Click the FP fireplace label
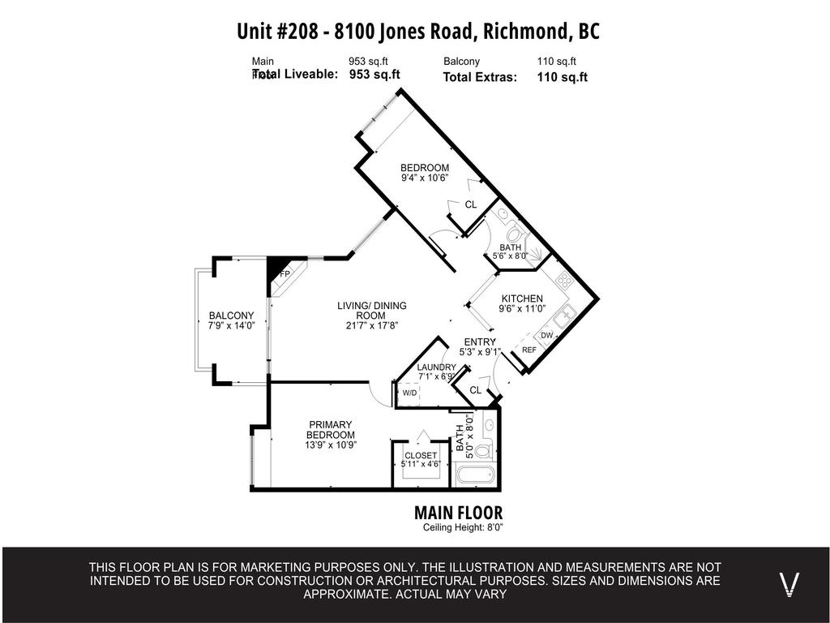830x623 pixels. tap(285, 275)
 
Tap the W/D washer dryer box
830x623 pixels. tap(409, 393)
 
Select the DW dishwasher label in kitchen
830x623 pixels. tap(546, 335)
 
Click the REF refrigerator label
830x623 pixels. tap(529, 350)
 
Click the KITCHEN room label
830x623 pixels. tap(522, 299)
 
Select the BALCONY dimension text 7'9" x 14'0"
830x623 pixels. tap(232, 325)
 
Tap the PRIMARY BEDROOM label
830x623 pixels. tap(331, 430)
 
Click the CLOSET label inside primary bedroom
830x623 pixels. tap(421, 455)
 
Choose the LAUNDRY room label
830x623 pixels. tap(436, 367)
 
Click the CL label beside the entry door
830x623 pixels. tap(475, 390)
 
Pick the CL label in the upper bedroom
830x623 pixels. tap(470, 204)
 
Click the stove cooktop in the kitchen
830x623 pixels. tap(564, 281)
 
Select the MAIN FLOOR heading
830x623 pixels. tap(458, 513)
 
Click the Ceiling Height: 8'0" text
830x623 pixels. tap(463, 528)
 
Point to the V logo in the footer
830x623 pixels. tap(789, 584)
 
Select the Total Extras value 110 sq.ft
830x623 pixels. tap(562, 77)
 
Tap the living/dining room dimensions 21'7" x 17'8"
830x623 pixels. tap(372, 325)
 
